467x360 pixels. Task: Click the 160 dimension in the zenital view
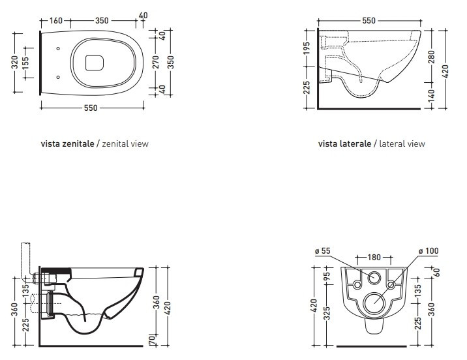tap(56, 21)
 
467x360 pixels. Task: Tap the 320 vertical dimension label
tap(15, 62)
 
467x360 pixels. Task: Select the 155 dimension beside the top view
tap(25, 63)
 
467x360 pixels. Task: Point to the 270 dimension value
tap(156, 62)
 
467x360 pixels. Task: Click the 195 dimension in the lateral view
tap(307, 48)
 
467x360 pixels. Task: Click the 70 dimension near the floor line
tap(152, 338)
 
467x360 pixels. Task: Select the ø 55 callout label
tap(323, 251)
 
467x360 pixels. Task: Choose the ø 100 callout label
tap(429, 251)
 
